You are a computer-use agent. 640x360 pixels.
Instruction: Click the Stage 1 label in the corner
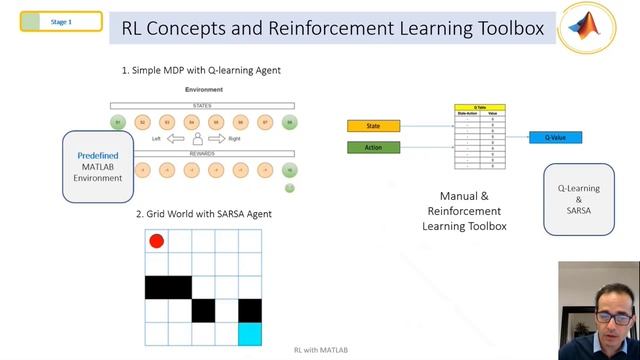click(x=62, y=21)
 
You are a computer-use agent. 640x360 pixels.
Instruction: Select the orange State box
click(x=373, y=126)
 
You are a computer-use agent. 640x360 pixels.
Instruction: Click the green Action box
click(x=373, y=148)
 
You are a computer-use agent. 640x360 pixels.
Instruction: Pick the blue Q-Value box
click(x=555, y=137)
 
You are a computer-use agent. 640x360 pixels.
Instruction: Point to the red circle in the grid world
click(x=156, y=241)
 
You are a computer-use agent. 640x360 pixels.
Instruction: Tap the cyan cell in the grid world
click(x=249, y=334)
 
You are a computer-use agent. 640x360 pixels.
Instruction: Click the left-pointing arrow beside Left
click(x=176, y=139)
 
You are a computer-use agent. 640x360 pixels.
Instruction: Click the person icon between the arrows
click(x=198, y=139)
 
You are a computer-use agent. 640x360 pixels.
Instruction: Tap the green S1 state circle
click(x=118, y=122)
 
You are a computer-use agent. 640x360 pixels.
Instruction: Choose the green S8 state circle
click(x=289, y=122)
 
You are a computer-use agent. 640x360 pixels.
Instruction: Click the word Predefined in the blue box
click(x=98, y=156)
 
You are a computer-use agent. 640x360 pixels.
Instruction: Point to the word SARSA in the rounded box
click(x=579, y=212)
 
